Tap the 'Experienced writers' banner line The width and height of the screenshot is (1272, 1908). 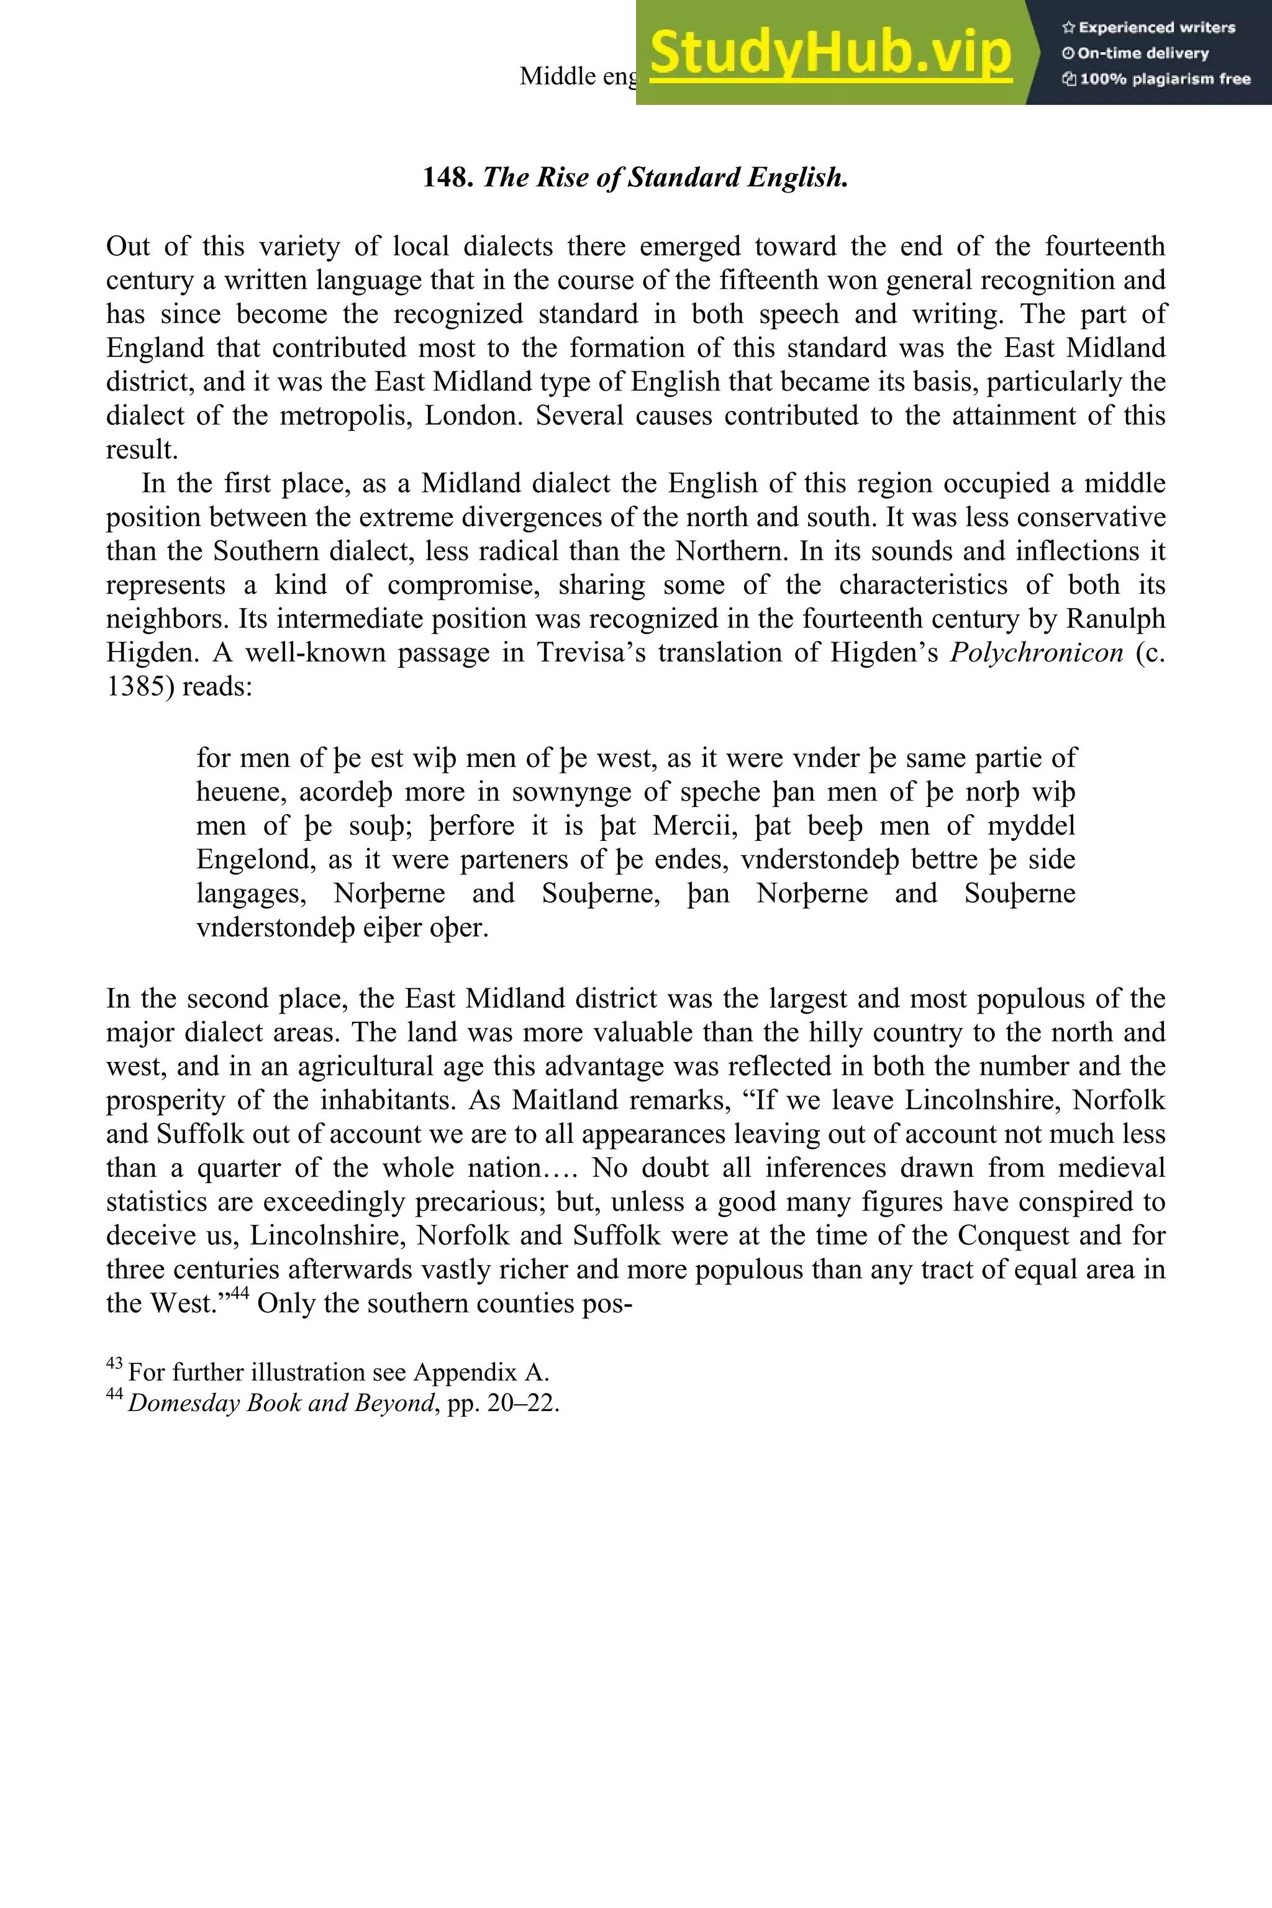tap(1148, 27)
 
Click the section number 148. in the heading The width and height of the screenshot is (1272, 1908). tap(448, 178)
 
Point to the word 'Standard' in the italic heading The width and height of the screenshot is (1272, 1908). tap(684, 178)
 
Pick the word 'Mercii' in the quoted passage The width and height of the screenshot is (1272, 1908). tap(697, 826)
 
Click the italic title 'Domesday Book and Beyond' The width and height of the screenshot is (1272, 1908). tap(281, 1404)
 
